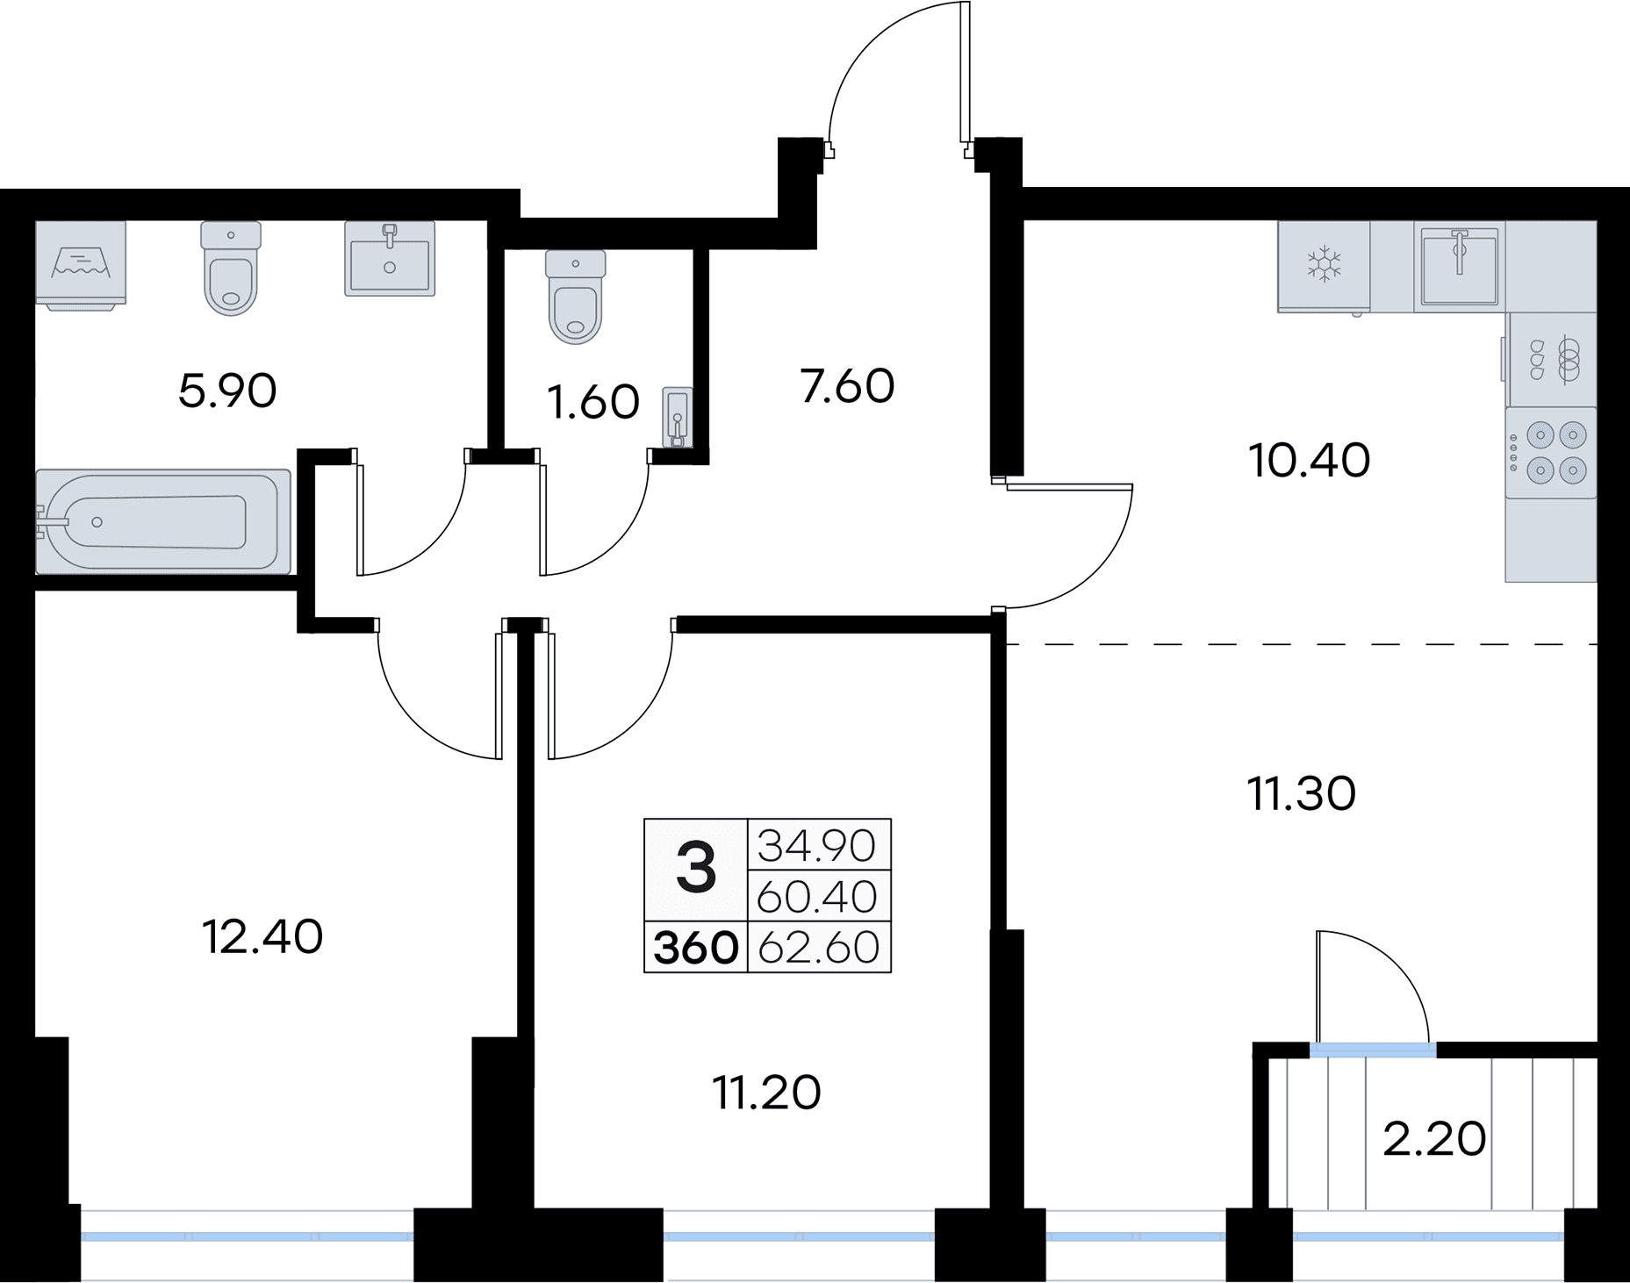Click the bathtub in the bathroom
point(162,521)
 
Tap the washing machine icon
point(82,262)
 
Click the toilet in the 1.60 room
point(575,297)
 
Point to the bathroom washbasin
point(390,258)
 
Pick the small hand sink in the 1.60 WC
point(678,418)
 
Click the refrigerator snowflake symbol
point(1324,263)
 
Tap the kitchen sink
point(1459,265)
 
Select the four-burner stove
point(1551,452)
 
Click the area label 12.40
point(262,936)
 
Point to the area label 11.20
point(767,1093)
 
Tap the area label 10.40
point(1310,461)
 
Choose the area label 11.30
point(1301,793)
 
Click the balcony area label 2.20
point(1434,1139)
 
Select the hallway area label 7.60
point(847,386)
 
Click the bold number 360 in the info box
point(695,948)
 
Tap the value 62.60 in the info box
point(818,948)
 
